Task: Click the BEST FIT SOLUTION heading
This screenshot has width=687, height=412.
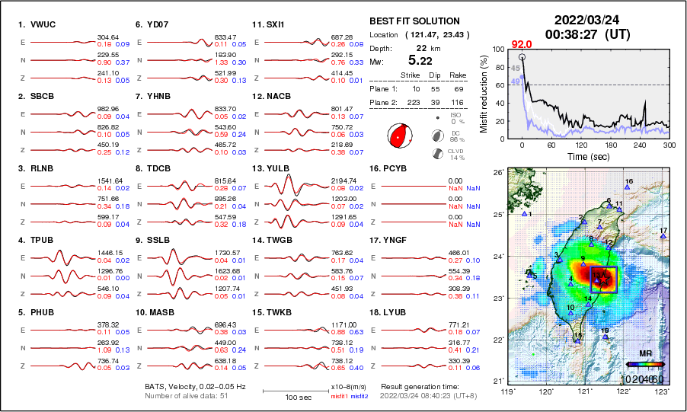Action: point(414,21)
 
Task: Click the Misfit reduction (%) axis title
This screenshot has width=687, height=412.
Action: point(483,91)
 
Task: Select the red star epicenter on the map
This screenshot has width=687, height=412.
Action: point(602,279)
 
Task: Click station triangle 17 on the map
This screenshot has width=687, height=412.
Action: point(663,237)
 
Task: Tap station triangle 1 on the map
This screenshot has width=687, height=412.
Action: point(524,214)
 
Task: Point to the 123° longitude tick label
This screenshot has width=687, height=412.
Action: point(663,391)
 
